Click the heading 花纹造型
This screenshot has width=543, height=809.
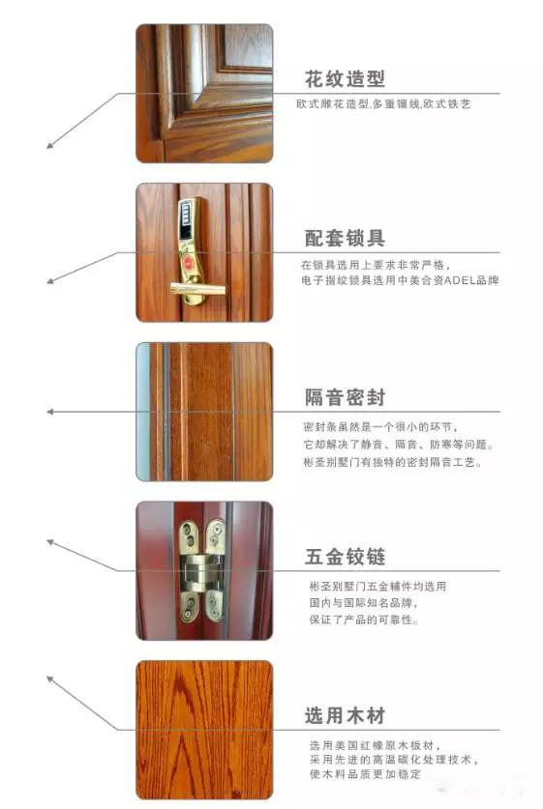345,79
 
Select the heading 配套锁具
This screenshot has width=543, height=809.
345,238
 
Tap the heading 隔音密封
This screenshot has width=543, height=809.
345,397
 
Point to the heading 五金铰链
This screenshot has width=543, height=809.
345,557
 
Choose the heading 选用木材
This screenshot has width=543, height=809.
345,715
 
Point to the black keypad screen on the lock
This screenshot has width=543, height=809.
186,214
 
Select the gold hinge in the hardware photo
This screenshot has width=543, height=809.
202,570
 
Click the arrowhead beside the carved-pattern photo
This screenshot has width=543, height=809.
50,146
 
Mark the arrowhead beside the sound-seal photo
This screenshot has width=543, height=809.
50,412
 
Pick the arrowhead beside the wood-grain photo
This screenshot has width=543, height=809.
50,679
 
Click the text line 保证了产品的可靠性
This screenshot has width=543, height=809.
363,620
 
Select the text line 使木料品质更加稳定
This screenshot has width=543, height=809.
365,774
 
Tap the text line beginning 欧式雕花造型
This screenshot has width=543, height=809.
383,103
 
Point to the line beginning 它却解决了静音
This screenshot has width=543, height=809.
399,445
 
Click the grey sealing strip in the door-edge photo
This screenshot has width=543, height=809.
166,412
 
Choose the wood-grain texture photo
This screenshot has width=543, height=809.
204,730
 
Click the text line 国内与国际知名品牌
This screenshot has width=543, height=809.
363,602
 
